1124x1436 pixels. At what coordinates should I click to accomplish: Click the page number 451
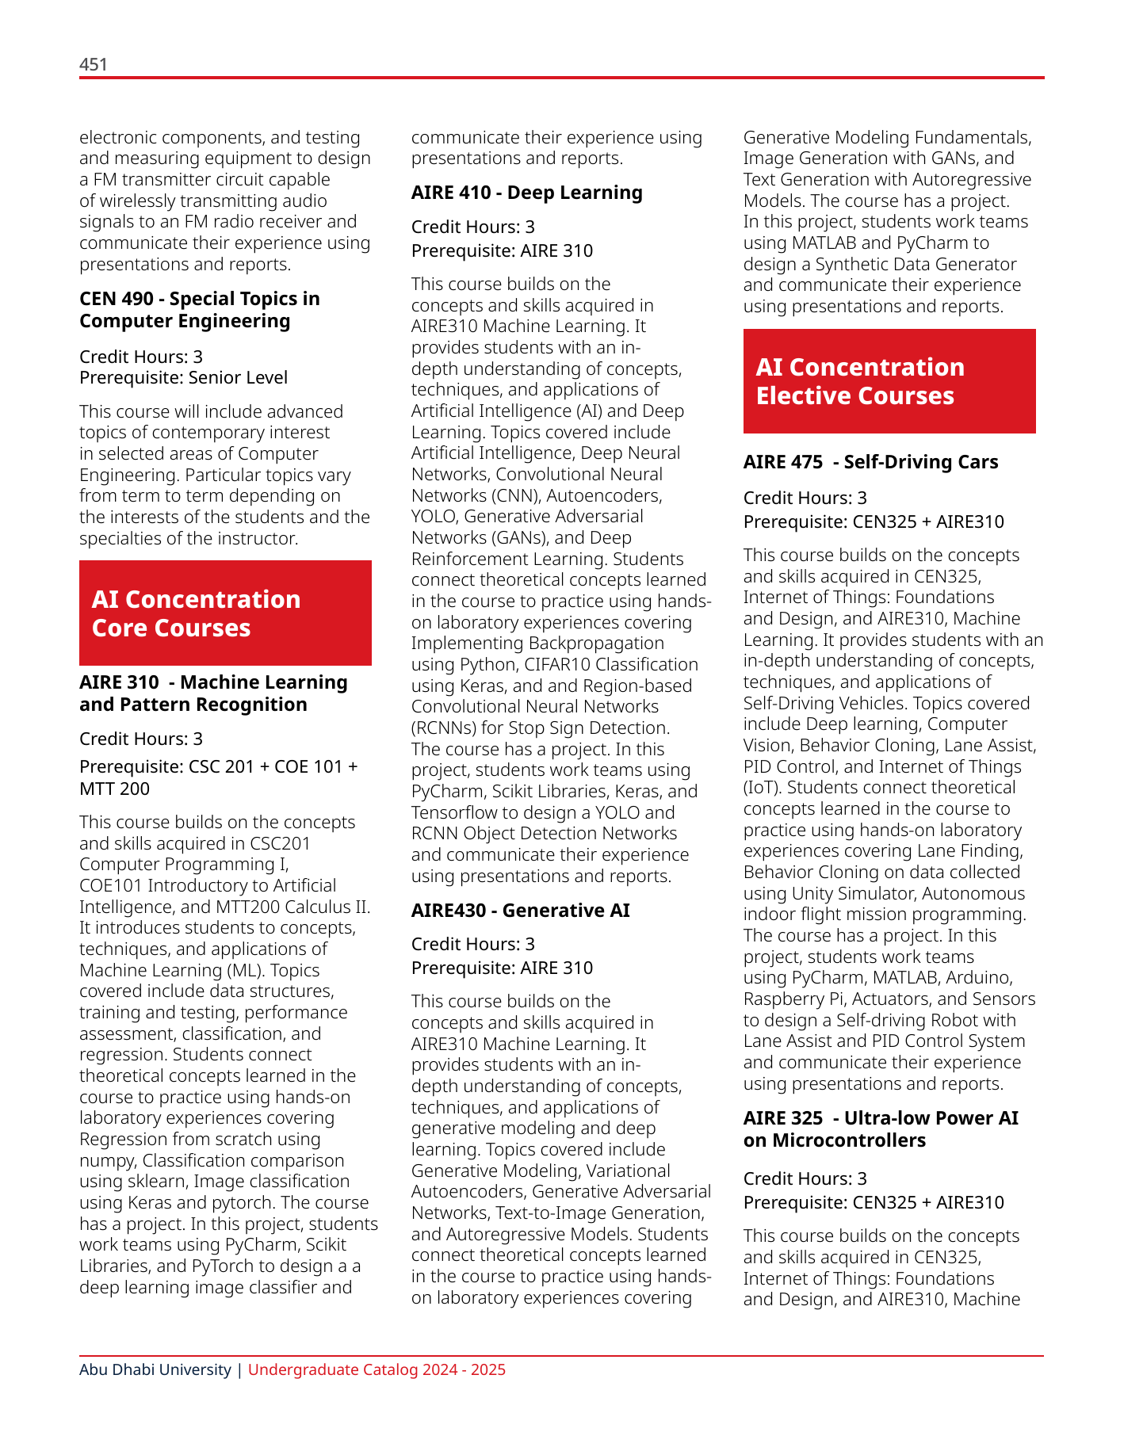94,65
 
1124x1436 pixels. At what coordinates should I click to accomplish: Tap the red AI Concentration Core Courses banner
225,613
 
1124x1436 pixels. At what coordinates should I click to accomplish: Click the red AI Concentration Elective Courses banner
889,381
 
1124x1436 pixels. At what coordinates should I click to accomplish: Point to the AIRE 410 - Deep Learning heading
526,193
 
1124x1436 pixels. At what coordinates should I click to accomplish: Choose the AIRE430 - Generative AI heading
520,910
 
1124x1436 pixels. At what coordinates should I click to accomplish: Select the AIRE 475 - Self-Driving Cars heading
870,462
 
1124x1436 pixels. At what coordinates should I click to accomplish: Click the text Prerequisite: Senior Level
183,378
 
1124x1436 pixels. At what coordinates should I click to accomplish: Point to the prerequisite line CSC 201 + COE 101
218,767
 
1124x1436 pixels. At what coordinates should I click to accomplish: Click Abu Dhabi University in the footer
155,1369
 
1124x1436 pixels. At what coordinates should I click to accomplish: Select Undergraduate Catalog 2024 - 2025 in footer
377,1369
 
